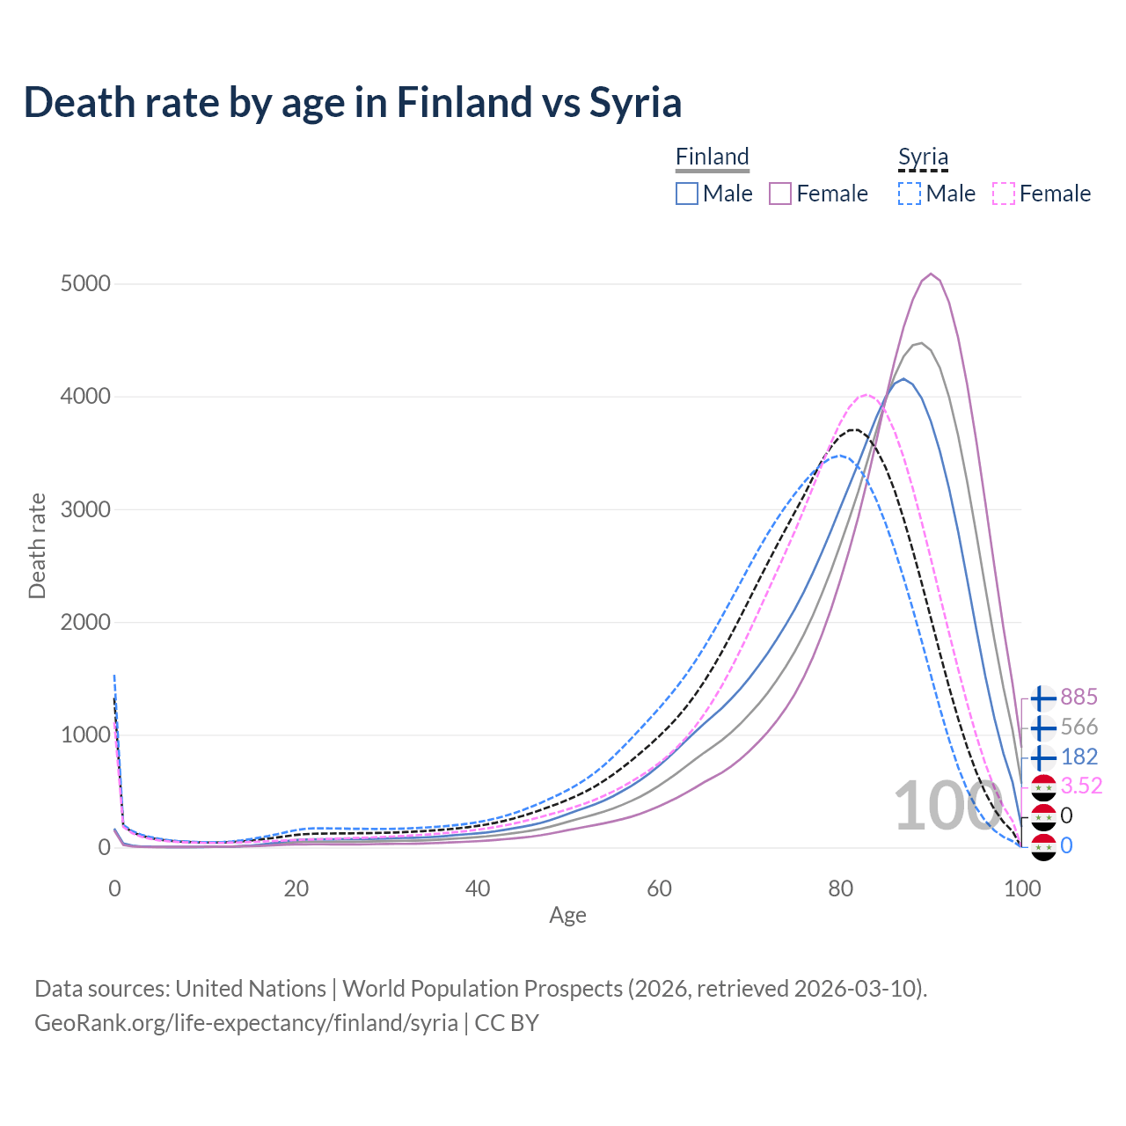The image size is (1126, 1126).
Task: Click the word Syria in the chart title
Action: click(x=635, y=103)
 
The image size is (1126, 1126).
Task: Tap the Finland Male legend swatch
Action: click(x=687, y=194)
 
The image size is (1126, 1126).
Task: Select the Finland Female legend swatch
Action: click(x=780, y=194)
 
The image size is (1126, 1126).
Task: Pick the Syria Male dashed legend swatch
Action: click(x=910, y=194)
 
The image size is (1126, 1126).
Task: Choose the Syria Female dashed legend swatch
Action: click(x=1003, y=194)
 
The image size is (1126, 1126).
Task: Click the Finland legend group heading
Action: click(x=713, y=157)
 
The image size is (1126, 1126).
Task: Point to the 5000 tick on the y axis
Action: click(x=85, y=284)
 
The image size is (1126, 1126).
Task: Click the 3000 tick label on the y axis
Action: click(x=85, y=510)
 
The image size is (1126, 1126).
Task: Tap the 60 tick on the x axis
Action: click(x=659, y=888)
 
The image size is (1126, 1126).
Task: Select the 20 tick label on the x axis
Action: click(x=296, y=888)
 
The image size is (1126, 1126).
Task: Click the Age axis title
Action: click(x=567, y=916)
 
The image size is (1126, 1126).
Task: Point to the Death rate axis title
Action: click(x=37, y=546)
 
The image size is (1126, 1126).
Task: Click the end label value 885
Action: click(x=1078, y=698)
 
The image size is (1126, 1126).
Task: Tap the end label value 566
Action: click(x=1078, y=728)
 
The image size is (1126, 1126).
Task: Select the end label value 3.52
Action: click(x=1081, y=786)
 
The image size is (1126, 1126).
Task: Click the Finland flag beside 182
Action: click(x=1042, y=757)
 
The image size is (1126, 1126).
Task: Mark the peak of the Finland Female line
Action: click(x=931, y=274)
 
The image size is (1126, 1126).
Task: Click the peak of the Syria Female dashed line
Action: click(x=866, y=395)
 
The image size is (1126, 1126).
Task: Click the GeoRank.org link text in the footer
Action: click(x=246, y=1023)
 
